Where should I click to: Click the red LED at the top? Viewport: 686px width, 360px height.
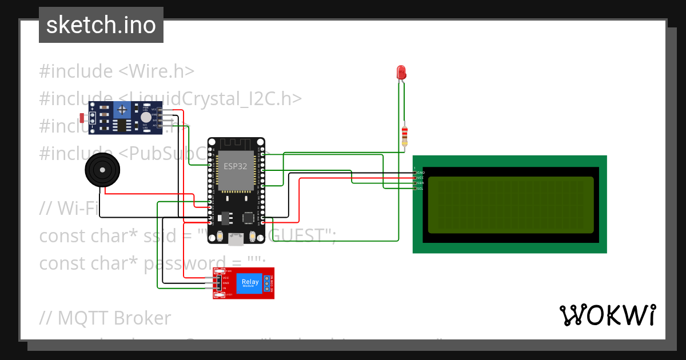click(x=401, y=72)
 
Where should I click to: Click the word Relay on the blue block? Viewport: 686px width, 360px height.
click(x=250, y=281)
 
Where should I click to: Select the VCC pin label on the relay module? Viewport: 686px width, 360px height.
click(x=226, y=278)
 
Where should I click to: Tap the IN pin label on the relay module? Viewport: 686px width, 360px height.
click(x=225, y=288)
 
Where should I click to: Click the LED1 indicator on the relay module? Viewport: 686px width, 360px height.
click(x=228, y=295)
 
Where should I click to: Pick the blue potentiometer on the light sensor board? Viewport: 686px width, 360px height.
click(x=121, y=110)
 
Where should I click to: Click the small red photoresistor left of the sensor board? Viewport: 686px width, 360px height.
click(x=83, y=118)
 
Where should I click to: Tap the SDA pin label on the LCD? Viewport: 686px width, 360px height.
click(x=420, y=183)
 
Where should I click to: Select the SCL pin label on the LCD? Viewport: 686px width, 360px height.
click(x=420, y=188)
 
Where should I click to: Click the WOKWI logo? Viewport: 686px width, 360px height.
click(x=607, y=315)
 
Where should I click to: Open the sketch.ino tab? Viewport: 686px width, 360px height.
click(x=101, y=25)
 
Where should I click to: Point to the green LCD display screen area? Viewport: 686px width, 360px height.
click(x=510, y=205)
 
